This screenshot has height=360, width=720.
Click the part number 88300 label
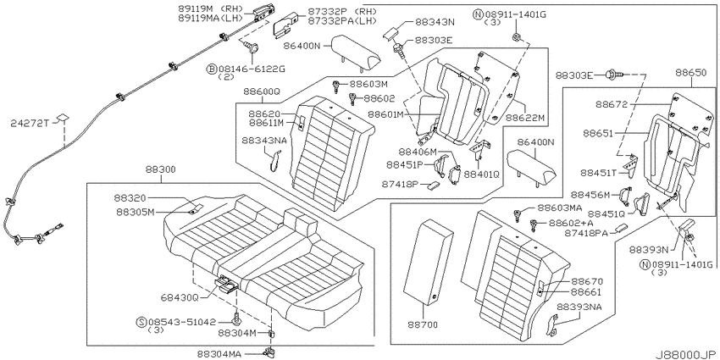click(161, 169)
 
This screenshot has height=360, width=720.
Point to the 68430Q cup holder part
click(226, 284)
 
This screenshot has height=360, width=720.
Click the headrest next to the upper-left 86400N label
click(357, 52)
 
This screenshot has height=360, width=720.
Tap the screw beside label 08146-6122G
click(252, 47)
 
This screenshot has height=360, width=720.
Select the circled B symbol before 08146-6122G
click(212, 69)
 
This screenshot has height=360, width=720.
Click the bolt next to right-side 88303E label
click(615, 73)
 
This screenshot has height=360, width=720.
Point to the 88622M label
click(525, 118)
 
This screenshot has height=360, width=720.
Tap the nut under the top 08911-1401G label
click(516, 36)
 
